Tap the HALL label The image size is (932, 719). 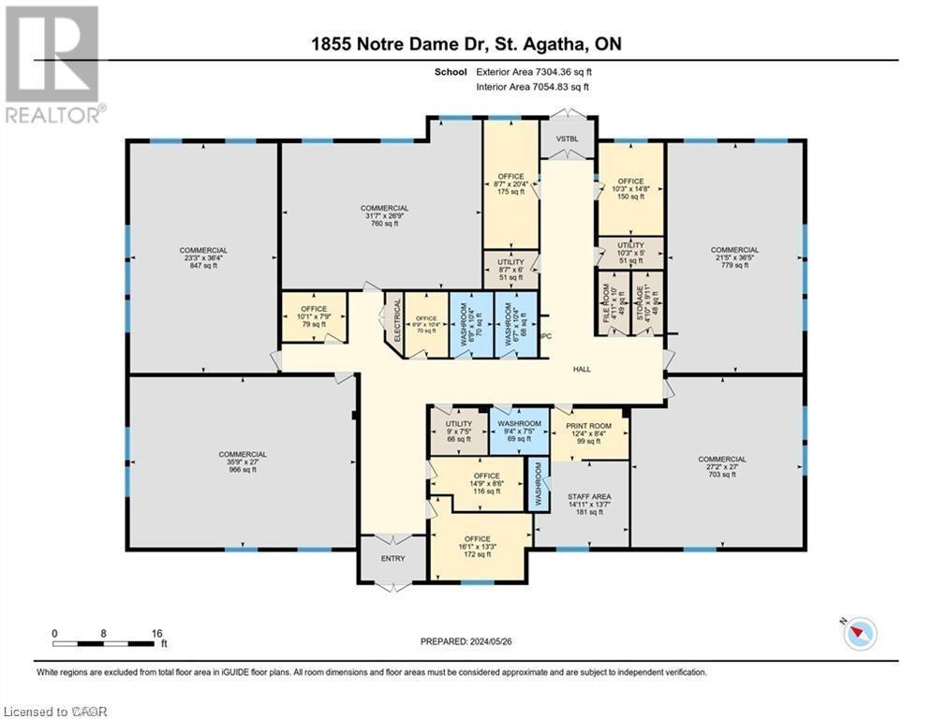(583, 370)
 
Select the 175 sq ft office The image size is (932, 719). (510, 183)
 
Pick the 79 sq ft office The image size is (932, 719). (313, 315)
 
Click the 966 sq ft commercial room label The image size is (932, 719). (242, 462)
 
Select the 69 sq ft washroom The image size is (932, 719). (518, 431)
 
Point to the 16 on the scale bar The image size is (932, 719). (155, 633)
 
